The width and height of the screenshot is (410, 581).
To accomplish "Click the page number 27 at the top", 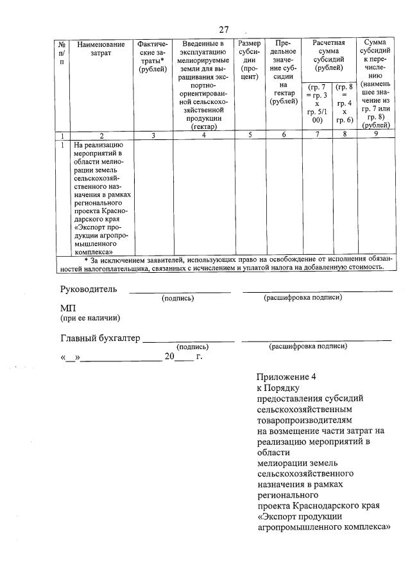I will click(x=223, y=30).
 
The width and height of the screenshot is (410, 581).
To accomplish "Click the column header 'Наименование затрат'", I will click(x=101, y=49).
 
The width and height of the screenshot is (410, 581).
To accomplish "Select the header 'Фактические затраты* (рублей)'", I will click(x=152, y=57).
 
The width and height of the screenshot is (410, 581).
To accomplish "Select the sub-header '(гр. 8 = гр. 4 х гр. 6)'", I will click(x=345, y=103).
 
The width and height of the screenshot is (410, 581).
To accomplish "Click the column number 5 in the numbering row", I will click(x=249, y=135).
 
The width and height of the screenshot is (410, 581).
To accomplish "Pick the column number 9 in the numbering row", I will click(x=376, y=135).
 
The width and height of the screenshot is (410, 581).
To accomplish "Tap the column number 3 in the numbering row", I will click(x=152, y=135).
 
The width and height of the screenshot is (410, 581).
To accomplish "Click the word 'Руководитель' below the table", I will click(x=89, y=289).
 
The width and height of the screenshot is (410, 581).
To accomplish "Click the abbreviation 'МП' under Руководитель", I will click(x=68, y=308).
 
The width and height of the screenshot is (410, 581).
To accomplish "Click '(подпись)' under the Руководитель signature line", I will click(x=178, y=298).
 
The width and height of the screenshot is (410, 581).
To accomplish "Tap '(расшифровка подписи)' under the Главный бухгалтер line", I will click(x=308, y=347).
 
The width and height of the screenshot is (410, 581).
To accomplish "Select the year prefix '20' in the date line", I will click(x=169, y=356).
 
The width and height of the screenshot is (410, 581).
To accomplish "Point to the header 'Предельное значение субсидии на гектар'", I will click(x=284, y=71).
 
